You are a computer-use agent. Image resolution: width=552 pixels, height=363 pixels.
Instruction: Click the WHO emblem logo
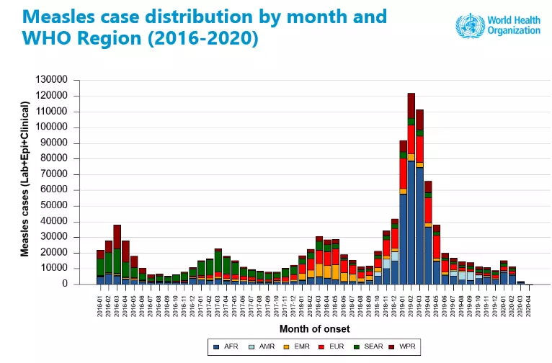468,26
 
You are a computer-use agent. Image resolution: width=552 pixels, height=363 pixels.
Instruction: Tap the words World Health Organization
512,26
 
